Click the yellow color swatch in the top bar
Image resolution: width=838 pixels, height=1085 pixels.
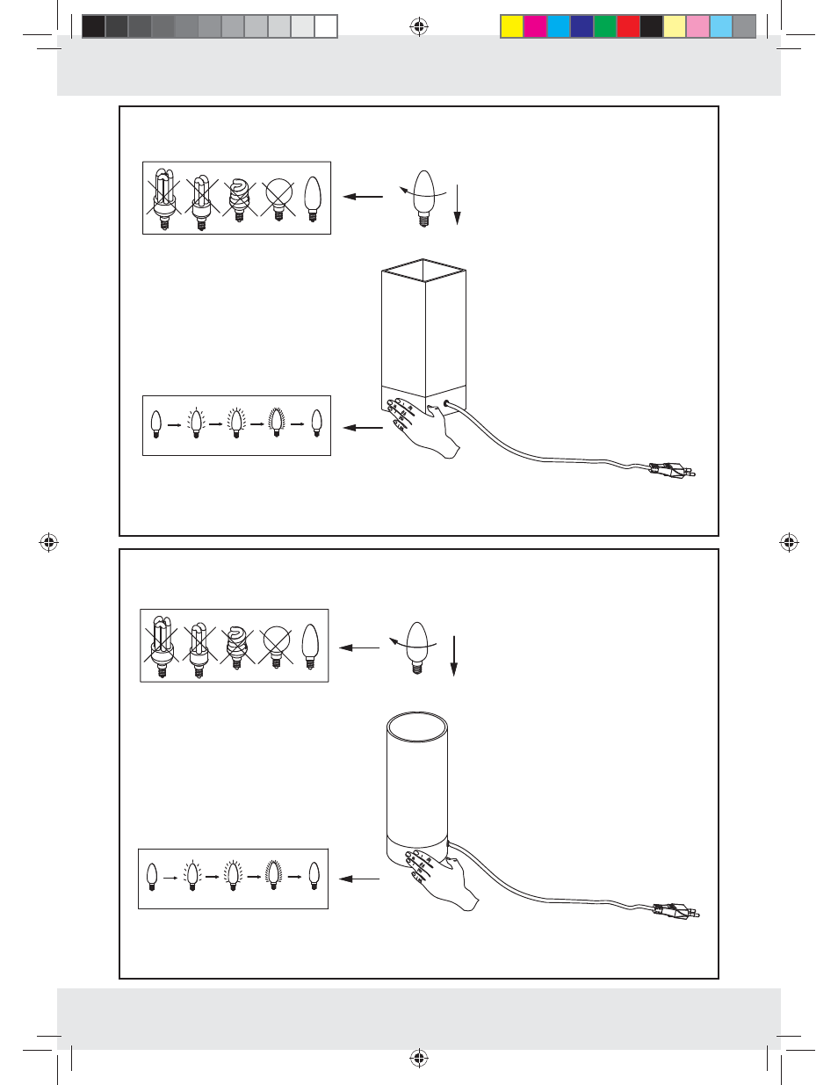pos(512,26)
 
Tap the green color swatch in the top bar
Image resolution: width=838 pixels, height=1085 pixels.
pos(605,26)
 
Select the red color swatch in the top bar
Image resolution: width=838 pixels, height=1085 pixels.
pos(628,26)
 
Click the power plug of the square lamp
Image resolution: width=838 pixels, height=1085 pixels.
pos(673,469)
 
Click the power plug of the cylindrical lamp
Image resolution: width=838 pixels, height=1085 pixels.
pos(677,912)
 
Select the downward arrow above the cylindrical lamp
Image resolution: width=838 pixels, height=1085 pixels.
pos(454,655)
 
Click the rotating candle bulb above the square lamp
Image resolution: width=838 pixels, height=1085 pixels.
pos(424,197)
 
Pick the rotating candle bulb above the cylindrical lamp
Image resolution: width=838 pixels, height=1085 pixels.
pos(417,647)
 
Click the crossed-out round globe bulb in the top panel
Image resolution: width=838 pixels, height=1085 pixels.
pos(278,199)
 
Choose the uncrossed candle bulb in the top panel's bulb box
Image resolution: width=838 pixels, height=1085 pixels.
pos(313,199)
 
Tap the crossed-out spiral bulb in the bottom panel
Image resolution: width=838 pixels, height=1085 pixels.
pos(236,647)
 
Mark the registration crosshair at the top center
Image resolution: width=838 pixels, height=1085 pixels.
pos(419,27)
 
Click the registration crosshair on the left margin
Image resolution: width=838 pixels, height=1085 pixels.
pos(49,543)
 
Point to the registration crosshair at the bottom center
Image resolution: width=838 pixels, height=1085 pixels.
pos(419,1058)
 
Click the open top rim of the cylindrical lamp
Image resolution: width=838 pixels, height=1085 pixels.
pos(417,727)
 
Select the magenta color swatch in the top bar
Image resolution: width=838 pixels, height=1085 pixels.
pos(535,26)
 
